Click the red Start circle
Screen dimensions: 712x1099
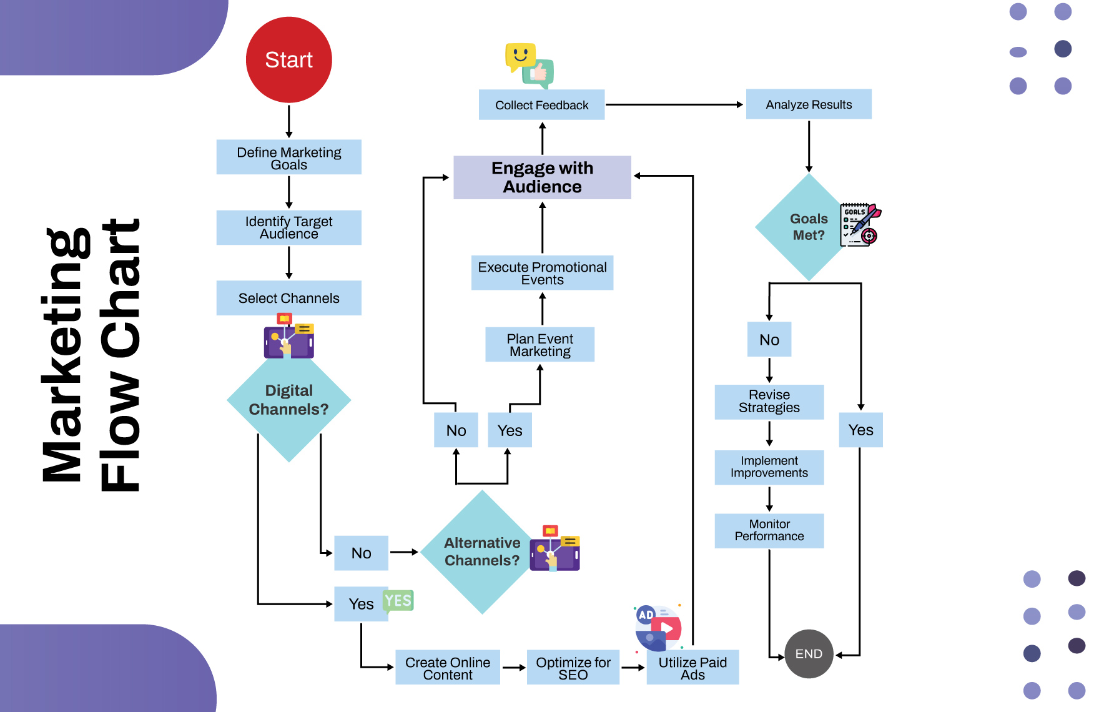click(288, 60)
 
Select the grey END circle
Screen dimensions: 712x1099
click(809, 654)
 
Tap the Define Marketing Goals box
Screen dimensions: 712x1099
click(288, 157)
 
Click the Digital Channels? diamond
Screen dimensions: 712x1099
click(288, 400)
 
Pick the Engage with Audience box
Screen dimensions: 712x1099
click(542, 177)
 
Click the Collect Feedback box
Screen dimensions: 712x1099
click(541, 105)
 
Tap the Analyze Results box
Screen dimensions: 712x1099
click(809, 104)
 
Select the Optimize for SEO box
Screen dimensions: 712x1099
click(573, 668)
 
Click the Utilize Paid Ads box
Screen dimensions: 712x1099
click(692, 668)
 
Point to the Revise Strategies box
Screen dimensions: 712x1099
click(769, 402)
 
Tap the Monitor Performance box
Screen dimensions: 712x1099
click(769, 530)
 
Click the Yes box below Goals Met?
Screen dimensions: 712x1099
click(860, 430)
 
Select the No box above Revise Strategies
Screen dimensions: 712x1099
click(769, 340)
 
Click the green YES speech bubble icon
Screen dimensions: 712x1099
click(398, 601)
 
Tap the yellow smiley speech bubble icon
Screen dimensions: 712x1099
click(520, 56)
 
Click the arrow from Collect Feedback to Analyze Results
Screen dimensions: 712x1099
click(674, 105)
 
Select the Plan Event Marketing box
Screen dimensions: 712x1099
click(540, 345)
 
